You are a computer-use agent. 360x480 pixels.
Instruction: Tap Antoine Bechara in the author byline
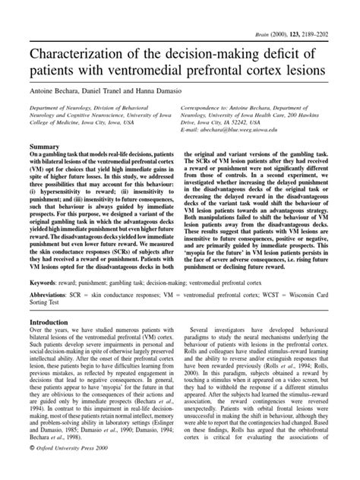49,90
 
